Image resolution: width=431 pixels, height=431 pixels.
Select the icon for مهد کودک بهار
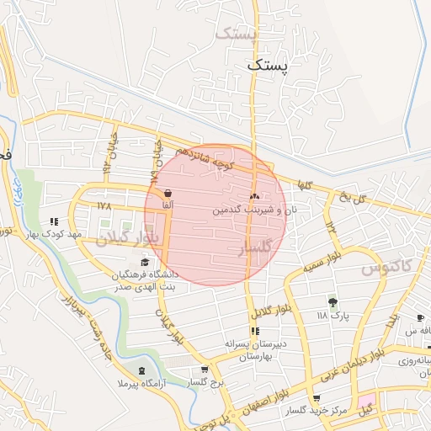click(56, 221)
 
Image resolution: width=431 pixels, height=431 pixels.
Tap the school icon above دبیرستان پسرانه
click(254, 332)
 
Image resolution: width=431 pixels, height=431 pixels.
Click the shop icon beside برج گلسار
click(205, 370)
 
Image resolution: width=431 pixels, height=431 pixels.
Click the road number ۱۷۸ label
click(104, 205)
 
